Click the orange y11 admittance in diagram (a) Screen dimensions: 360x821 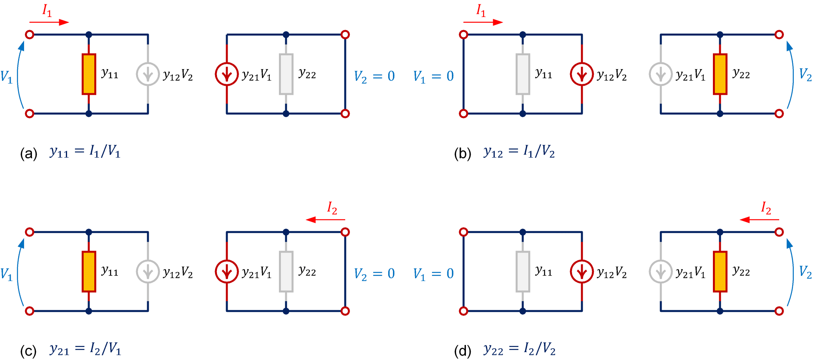pyautogui.click(x=89, y=74)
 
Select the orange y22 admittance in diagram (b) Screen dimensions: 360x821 pyautogui.click(x=720, y=74)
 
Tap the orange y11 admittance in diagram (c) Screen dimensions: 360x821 pyautogui.click(x=89, y=272)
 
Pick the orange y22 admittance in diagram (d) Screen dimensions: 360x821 pyautogui.click(x=720, y=272)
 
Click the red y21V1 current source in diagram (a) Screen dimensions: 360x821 pyautogui.click(x=227, y=74)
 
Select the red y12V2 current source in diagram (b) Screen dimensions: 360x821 pyautogui.click(x=582, y=74)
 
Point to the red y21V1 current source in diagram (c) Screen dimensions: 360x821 pyautogui.click(x=227, y=272)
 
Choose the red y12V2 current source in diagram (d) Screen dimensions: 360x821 pyautogui.click(x=582, y=272)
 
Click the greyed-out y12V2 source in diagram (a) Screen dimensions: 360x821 pyautogui.click(x=148, y=74)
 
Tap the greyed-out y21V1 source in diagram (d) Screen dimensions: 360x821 pyautogui.click(x=661, y=272)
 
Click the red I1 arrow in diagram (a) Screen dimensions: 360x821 pyautogui.click(x=49, y=22)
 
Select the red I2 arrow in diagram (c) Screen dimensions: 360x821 pyautogui.click(x=325, y=219)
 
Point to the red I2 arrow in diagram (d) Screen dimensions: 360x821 pyautogui.click(x=759, y=219)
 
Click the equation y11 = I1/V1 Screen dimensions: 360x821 pyautogui.click(x=85, y=152)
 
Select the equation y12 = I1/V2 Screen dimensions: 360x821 pyautogui.click(x=519, y=152)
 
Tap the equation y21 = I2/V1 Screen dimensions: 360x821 pyautogui.click(x=85, y=349)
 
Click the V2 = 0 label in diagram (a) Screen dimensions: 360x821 pyautogui.click(x=374, y=76)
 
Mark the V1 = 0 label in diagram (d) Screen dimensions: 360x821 pyautogui.click(x=433, y=274)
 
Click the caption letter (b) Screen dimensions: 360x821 pyautogui.click(x=462, y=153)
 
